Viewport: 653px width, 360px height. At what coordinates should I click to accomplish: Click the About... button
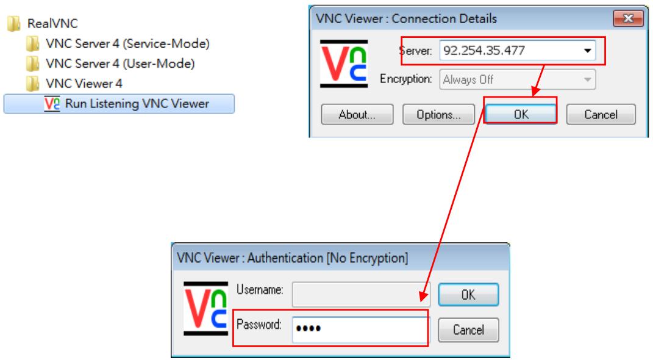pos(357,114)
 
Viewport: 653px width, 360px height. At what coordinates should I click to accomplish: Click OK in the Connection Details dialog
pos(521,113)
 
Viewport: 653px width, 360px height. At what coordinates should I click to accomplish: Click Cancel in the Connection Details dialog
pos(601,114)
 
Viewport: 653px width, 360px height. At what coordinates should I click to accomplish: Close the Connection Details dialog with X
pos(628,18)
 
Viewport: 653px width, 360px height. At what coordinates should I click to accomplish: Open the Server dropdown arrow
pos(587,51)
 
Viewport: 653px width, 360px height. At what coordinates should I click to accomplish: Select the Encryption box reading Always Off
pos(517,79)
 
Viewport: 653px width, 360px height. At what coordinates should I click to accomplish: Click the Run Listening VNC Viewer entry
pos(119,103)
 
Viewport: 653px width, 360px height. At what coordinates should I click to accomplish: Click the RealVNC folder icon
pos(14,23)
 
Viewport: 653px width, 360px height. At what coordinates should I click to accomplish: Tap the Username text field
pos(361,294)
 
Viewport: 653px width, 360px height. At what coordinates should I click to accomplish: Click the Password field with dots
pos(360,329)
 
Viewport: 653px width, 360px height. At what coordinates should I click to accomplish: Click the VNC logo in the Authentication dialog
pos(205,308)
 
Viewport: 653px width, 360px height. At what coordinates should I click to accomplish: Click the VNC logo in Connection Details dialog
pos(344,63)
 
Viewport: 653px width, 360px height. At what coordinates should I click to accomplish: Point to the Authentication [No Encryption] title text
pos(328,258)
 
